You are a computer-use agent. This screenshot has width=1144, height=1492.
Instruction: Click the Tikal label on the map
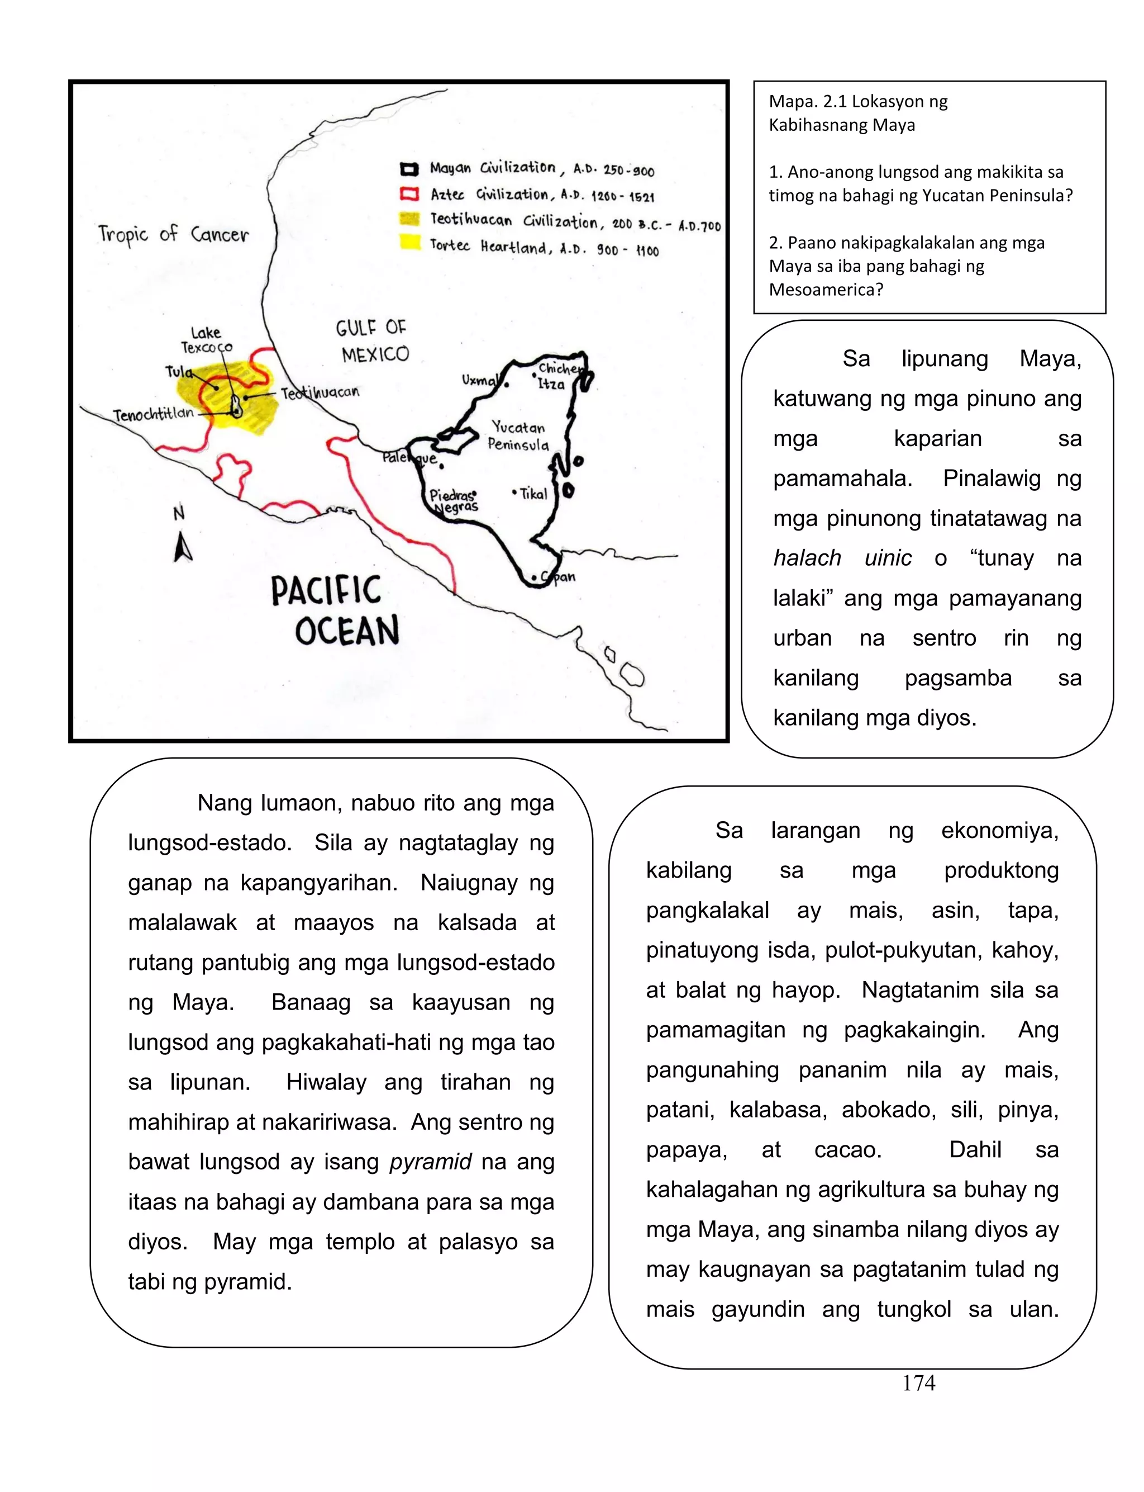pos(533,494)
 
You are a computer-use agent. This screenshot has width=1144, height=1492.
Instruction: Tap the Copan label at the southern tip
pos(559,577)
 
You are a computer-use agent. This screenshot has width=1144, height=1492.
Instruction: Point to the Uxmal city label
pos(479,380)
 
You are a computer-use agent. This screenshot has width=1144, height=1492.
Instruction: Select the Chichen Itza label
pos(559,376)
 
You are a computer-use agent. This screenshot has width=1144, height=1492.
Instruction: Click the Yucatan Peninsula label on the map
pos(518,436)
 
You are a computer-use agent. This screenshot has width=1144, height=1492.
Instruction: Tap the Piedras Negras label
pos(454,501)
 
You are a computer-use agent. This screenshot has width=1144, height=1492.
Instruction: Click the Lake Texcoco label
pos(206,340)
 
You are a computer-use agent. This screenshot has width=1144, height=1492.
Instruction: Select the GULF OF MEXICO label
pos(373,340)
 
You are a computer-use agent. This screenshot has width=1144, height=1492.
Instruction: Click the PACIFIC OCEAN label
pos(336,610)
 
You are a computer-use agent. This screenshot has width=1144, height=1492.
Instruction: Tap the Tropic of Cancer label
pos(174,234)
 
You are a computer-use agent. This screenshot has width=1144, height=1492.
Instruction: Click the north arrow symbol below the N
pos(182,548)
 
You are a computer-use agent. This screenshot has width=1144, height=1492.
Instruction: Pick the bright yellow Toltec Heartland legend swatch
pos(409,242)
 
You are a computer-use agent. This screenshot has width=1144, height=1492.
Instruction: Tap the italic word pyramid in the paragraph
pos(430,1162)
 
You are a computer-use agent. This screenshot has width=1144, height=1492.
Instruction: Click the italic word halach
pos(807,558)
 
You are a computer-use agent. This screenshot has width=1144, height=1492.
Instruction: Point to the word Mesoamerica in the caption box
pos(825,290)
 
